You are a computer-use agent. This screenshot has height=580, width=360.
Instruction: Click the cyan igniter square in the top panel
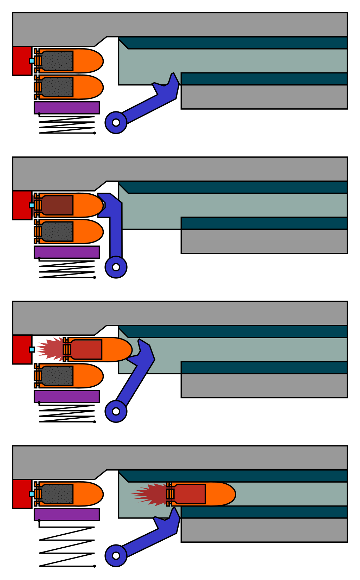(x=32, y=61)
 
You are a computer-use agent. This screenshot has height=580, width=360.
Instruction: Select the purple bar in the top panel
(x=67, y=108)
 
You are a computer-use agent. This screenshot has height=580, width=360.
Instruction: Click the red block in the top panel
(x=22, y=60)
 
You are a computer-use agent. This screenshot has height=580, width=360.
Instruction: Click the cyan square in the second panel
(x=32, y=205)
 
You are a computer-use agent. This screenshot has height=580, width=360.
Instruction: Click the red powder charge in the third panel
(x=86, y=349)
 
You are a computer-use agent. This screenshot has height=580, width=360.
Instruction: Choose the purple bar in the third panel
(x=67, y=396)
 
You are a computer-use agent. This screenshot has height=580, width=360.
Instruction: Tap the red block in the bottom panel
(x=22, y=494)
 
